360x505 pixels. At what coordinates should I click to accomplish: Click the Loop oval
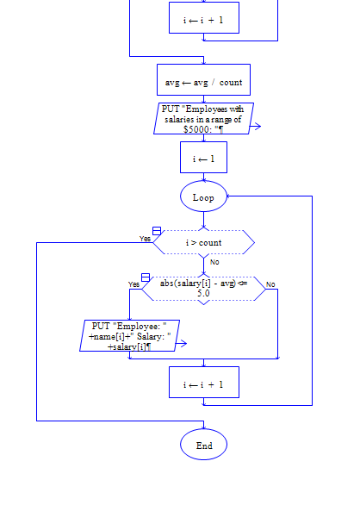tap(203, 197)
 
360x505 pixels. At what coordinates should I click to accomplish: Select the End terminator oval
tap(203, 446)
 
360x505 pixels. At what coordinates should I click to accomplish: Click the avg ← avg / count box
tap(203, 82)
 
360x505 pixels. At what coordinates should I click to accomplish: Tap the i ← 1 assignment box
tap(203, 159)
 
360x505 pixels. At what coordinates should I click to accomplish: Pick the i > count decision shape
tap(203, 243)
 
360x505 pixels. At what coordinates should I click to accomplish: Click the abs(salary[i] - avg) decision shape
tap(203, 289)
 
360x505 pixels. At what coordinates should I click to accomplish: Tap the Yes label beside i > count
tap(145, 239)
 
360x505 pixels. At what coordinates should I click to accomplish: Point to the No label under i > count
tap(214, 262)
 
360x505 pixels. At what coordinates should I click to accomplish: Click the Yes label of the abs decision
tap(133, 284)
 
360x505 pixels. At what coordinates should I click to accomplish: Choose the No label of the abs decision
tap(270, 284)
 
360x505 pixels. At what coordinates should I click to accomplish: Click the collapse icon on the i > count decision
tap(157, 232)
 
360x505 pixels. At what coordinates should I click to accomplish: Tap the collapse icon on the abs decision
tap(146, 277)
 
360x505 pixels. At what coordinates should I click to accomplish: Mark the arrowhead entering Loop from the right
tap(229, 196)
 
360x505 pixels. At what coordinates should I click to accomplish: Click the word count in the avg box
tap(230, 83)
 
